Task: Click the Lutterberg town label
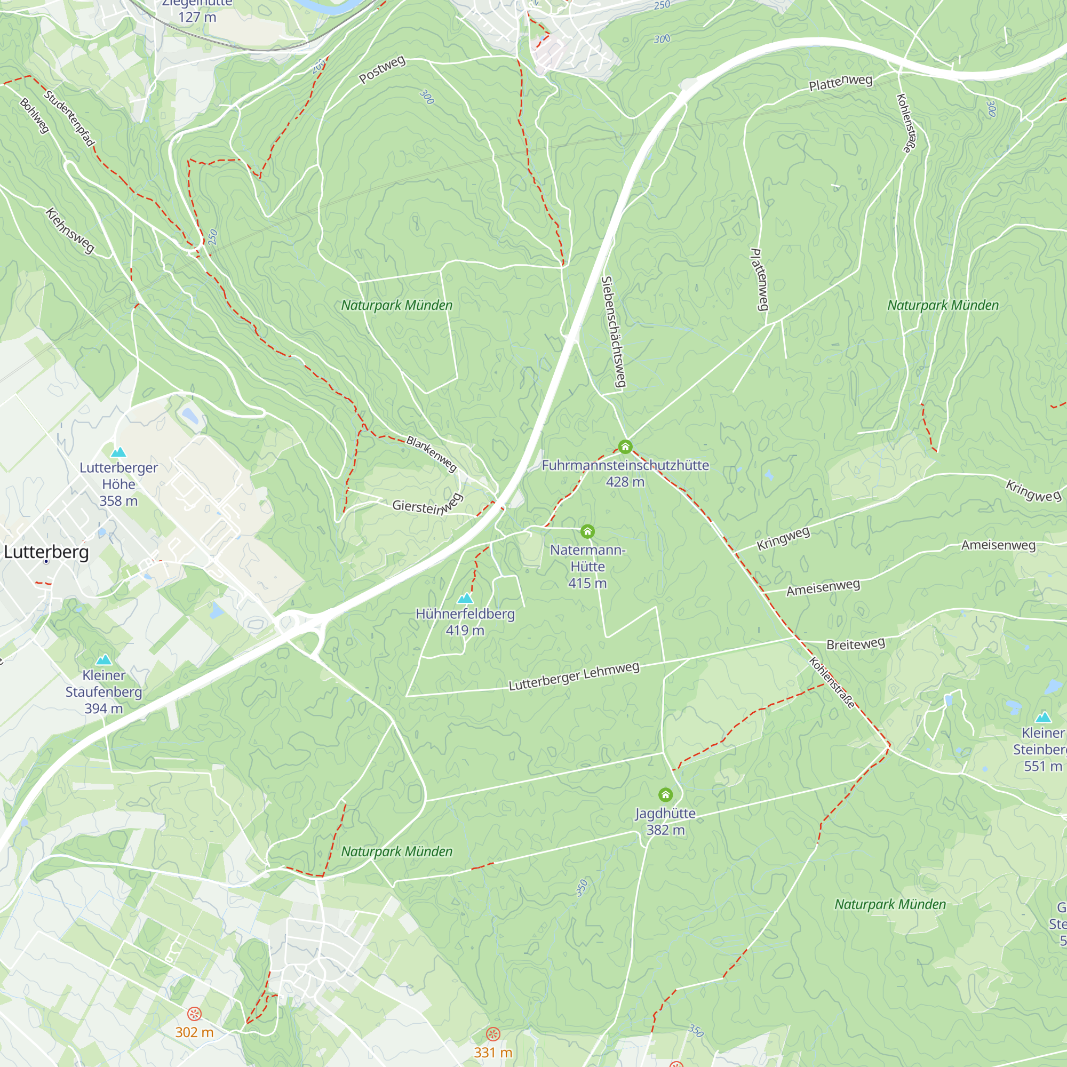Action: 46,552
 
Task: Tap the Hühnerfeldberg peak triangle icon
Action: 465,598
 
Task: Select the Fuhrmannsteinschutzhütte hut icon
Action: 625,446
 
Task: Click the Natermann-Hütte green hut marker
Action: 587,531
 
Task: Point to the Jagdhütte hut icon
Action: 665,795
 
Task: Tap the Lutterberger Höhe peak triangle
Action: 118,453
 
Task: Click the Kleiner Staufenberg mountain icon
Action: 104,660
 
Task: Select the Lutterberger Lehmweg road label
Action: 574,676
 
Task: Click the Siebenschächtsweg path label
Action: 614,331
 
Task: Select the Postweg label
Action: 382,69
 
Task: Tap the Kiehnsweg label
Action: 70,230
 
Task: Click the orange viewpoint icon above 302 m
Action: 194,1014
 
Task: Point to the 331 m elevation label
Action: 492,1052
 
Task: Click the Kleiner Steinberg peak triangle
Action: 1042,718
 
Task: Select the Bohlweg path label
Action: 35,115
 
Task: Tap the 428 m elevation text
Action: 625,482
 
